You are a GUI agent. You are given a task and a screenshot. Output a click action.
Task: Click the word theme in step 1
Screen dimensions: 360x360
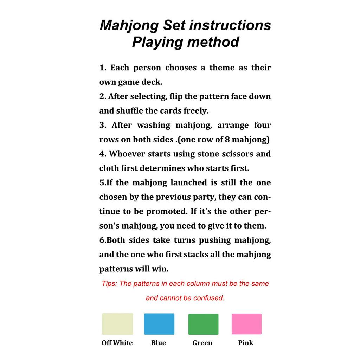click(x=222, y=67)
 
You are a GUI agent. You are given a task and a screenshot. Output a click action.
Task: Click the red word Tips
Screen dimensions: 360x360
click(x=109, y=284)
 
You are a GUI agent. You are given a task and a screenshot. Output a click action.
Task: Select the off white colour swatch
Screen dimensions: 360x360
click(x=117, y=324)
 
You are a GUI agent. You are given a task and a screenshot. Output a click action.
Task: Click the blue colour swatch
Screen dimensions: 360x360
click(x=159, y=324)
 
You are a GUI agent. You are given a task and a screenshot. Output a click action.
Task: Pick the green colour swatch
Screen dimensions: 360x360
click(x=203, y=324)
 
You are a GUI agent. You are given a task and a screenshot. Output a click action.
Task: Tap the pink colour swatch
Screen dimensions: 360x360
click(x=246, y=324)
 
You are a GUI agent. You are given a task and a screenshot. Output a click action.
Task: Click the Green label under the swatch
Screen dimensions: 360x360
click(x=202, y=343)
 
